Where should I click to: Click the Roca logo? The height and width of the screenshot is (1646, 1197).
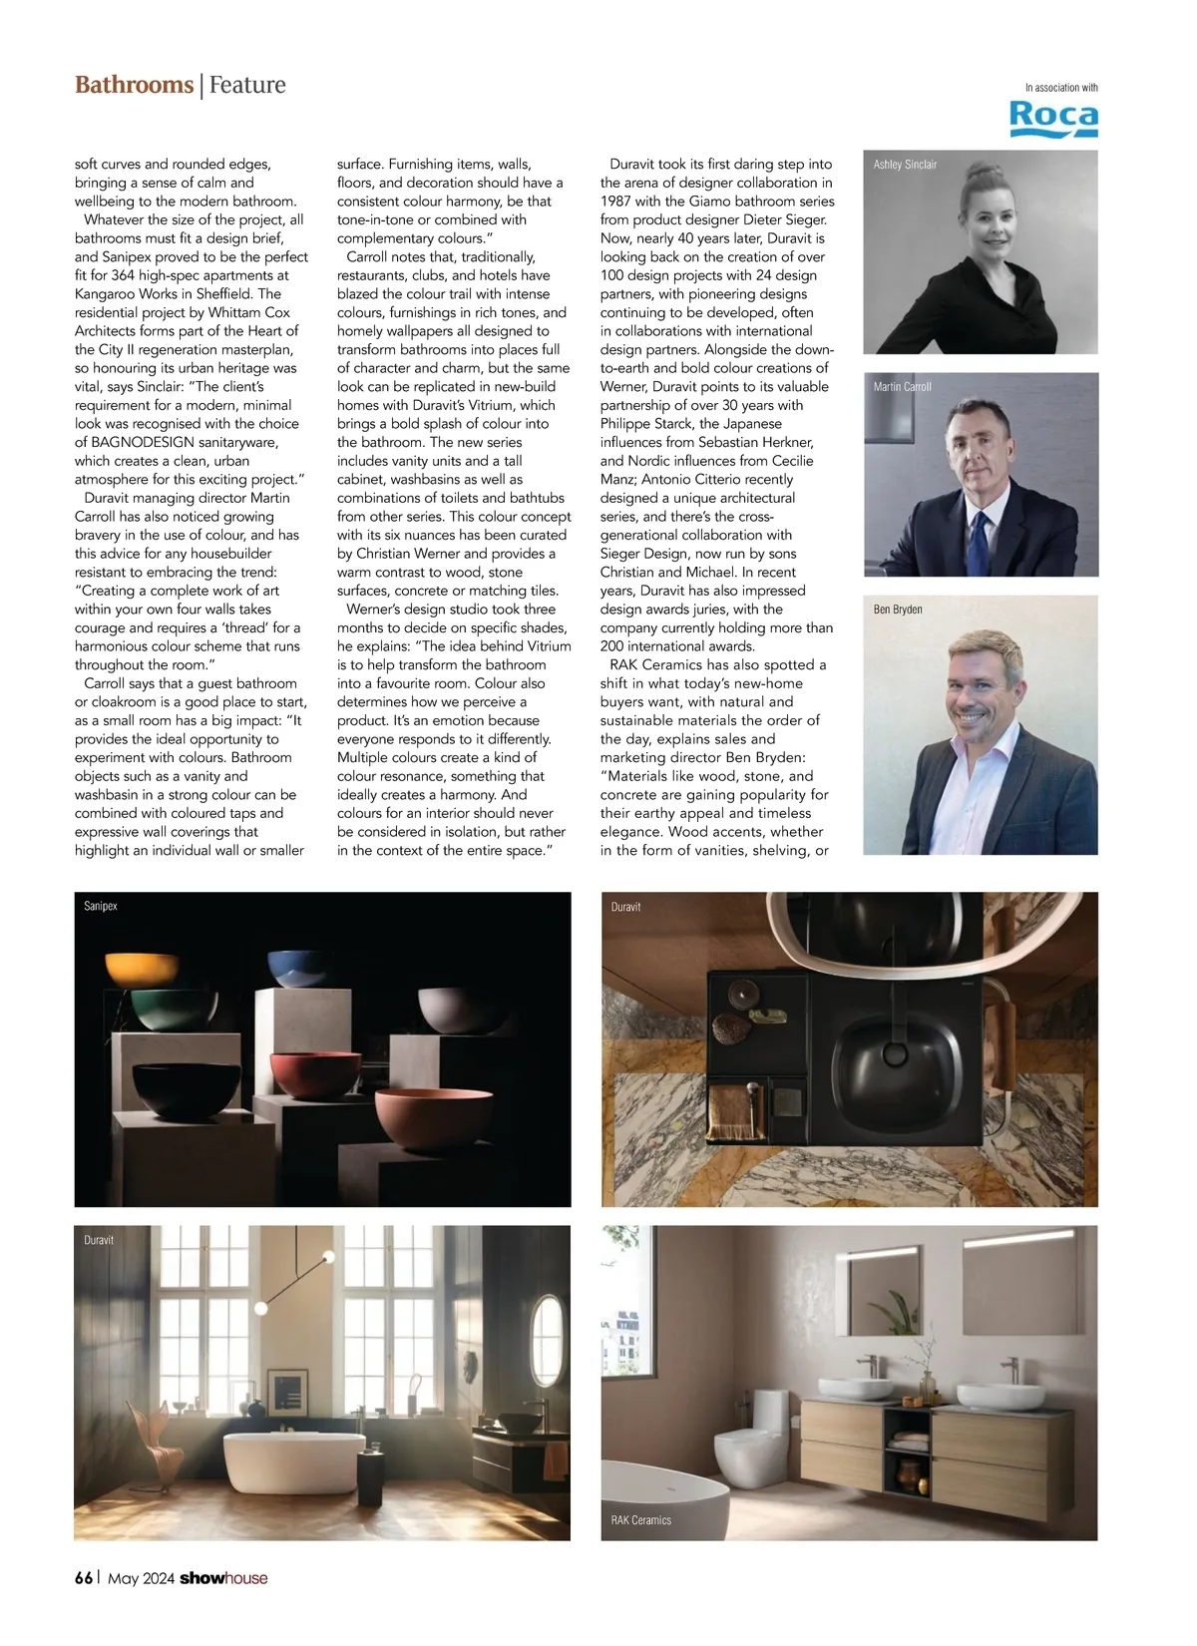tap(1053, 118)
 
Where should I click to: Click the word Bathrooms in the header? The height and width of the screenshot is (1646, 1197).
tap(134, 85)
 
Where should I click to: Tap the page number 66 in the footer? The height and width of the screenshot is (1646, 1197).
tap(84, 1577)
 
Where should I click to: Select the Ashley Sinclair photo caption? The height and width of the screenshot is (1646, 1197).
tap(905, 165)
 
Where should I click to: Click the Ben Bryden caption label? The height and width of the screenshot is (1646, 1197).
tap(898, 610)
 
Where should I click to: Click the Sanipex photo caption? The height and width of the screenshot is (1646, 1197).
tap(101, 906)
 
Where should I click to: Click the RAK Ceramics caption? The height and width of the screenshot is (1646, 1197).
tap(640, 1520)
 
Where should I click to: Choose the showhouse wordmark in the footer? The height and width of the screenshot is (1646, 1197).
tap(223, 1578)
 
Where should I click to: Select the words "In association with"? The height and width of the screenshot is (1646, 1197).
tap(1061, 88)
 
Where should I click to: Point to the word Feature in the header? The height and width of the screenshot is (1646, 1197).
tap(247, 85)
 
